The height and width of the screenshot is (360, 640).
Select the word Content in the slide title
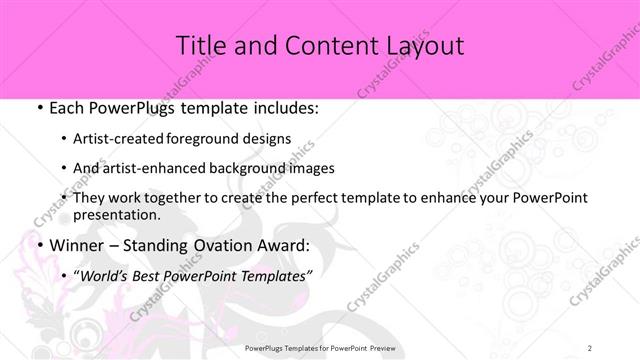click(x=315, y=46)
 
